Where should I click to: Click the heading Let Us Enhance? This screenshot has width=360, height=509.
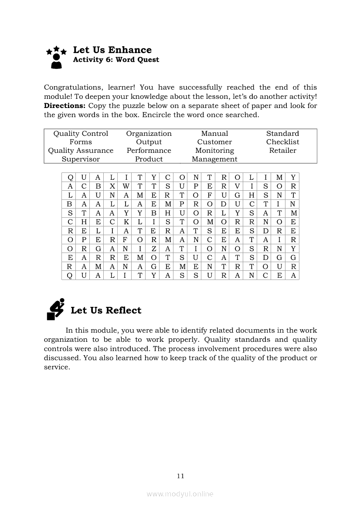point(112,50)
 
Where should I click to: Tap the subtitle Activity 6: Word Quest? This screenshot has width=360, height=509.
point(116,60)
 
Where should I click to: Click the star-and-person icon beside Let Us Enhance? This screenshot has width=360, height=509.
point(56,57)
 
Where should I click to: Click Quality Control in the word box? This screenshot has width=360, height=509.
point(81,134)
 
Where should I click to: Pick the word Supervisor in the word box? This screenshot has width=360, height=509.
point(81,159)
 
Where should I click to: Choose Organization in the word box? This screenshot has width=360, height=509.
point(149,134)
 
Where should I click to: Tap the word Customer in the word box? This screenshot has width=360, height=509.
point(214,142)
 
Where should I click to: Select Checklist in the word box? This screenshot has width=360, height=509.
point(282,142)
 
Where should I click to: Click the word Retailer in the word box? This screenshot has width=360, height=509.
point(282,151)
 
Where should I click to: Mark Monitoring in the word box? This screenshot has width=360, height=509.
point(214,151)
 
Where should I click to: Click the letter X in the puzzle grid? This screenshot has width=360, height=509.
point(112,186)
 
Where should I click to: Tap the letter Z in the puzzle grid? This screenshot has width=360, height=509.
point(154,248)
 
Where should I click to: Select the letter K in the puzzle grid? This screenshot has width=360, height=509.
point(126,222)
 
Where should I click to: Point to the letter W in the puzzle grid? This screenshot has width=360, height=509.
point(126,186)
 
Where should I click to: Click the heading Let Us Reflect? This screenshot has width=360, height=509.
point(106,310)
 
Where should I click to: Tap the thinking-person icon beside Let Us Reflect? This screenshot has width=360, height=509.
point(55,309)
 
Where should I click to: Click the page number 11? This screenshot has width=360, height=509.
point(180,476)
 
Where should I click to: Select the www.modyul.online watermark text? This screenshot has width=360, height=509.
point(180,494)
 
